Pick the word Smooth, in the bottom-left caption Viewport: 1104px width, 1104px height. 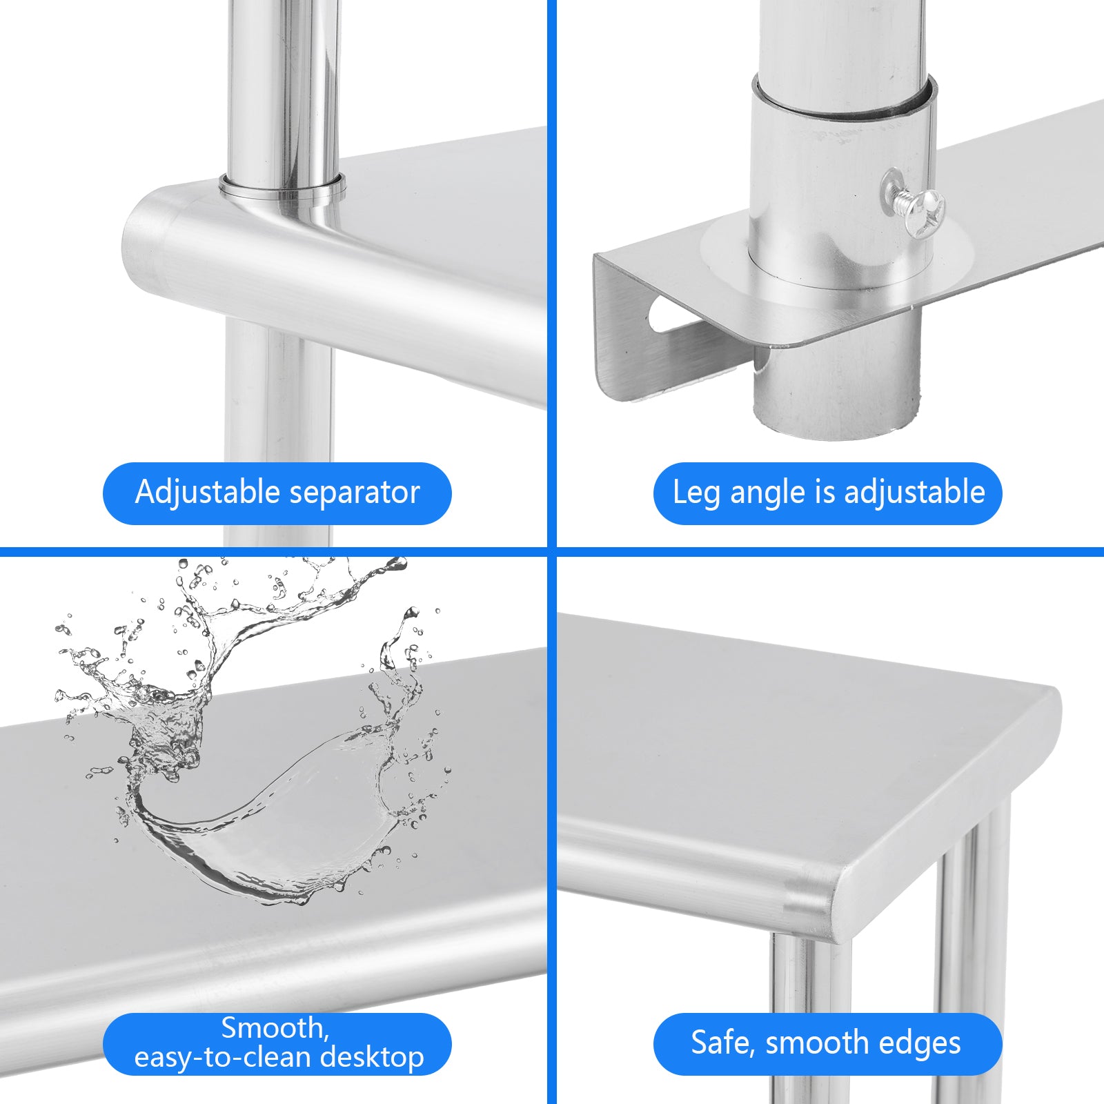[275, 1029]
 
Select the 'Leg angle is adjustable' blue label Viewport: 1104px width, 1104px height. [827, 493]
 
